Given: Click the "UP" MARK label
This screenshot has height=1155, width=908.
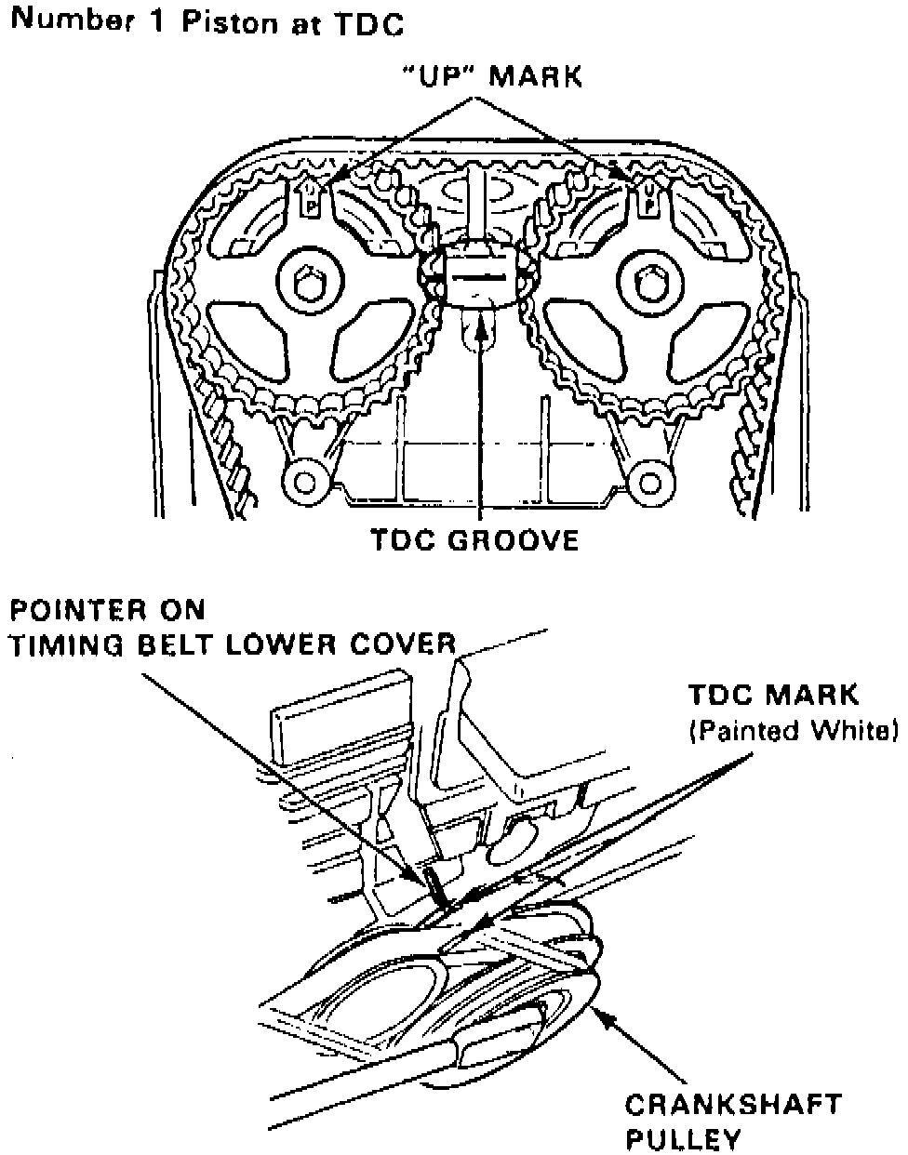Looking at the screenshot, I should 490,76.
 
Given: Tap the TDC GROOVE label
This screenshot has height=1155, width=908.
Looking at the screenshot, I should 474,539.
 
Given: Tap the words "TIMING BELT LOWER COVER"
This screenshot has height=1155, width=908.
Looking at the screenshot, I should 233,644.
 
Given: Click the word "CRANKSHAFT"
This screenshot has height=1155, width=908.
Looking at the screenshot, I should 732,1104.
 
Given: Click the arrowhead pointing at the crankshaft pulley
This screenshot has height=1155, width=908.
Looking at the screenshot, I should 602,1021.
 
